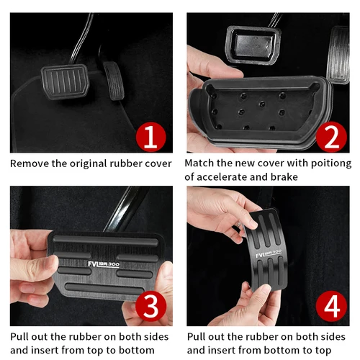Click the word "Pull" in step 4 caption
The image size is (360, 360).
pyautogui.click(x=198, y=336)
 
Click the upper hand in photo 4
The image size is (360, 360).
pyautogui.click(x=216, y=212)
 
